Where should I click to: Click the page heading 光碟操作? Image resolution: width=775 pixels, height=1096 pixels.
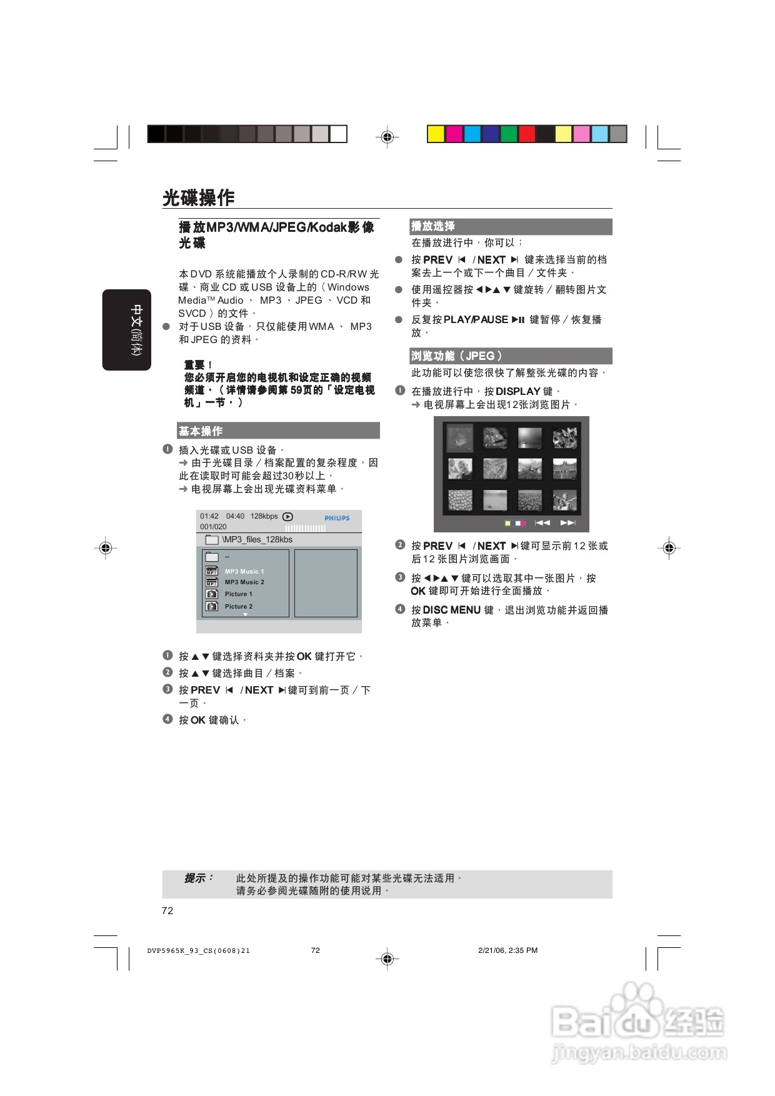pyautogui.click(x=199, y=197)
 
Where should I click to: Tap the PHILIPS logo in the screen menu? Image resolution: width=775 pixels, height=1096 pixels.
pyautogui.click(x=337, y=518)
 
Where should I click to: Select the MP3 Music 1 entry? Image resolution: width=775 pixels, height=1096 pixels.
pyautogui.click(x=244, y=572)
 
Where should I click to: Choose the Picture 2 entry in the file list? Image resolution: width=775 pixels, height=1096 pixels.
pyautogui.click(x=239, y=607)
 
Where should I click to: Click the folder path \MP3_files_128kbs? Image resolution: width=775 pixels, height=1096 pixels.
pyautogui.click(x=257, y=540)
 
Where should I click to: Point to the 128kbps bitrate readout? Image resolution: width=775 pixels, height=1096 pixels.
pyautogui.click(x=264, y=516)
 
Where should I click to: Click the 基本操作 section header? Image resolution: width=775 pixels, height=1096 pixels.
pyautogui.click(x=201, y=431)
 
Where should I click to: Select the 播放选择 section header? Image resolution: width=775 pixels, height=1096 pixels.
pyautogui.click(x=432, y=226)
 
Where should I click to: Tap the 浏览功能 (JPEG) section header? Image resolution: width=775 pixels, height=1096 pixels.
pyautogui.click(x=456, y=356)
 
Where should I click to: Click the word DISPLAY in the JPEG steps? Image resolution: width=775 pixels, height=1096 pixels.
pyautogui.click(x=517, y=391)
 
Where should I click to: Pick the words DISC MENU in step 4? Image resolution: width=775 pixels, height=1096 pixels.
pyautogui.click(x=451, y=610)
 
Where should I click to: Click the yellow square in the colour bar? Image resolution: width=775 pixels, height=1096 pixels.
pyautogui.click(x=436, y=134)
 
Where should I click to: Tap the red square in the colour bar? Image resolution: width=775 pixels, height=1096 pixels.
pyautogui.click(x=527, y=134)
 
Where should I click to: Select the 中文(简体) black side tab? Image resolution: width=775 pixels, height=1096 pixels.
pyautogui.click(x=127, y=330)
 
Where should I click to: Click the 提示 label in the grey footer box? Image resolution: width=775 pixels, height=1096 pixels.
pyautogui.click(x=199, y=878)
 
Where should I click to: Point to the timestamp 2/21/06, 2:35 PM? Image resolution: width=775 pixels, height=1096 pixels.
pyautogui.click(x=507, y=950)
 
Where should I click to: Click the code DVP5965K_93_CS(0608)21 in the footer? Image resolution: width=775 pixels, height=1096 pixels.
pyautogui.click(x=199, y=951)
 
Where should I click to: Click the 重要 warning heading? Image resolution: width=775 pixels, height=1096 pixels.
pyautogui.click(x=197, y=365)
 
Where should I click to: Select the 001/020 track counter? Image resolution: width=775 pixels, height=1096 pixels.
pyautogui.click(x=213, y=527)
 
